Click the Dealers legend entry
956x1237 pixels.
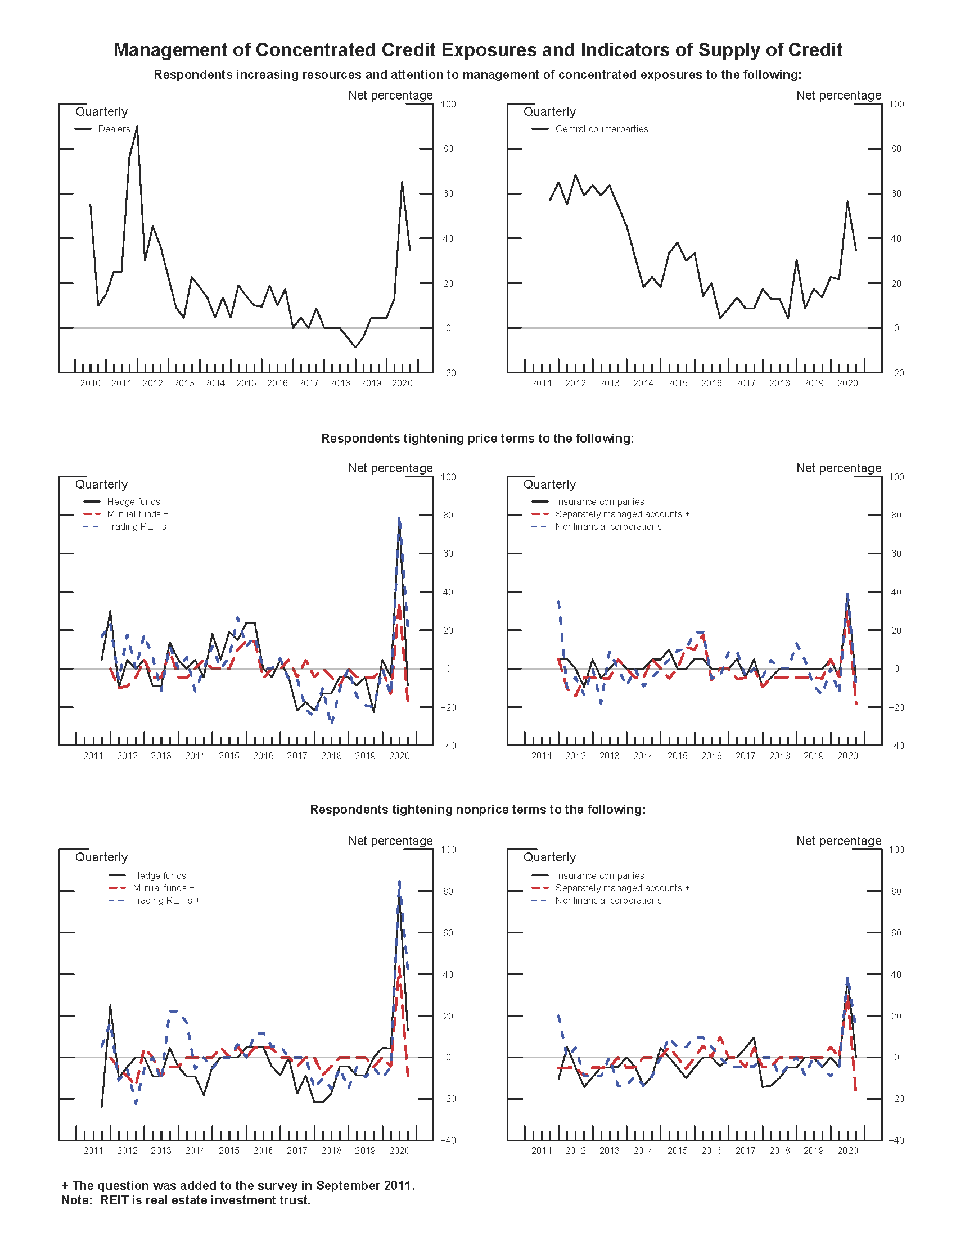tap(113, 129)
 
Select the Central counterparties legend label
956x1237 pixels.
tap(602, 129)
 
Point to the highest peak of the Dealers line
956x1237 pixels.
tap(137, 127)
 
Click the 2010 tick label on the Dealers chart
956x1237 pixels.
tap(90, 383)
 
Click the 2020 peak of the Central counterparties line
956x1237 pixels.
tap(847, 202)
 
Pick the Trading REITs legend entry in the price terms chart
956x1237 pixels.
tap(139, 527)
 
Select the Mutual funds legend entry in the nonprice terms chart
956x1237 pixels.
tap(163, 888)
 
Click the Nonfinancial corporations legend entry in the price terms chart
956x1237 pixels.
tap(608, 527)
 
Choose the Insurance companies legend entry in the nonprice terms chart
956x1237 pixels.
tap(599, 875)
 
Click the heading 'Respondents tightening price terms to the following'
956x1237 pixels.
tap(477, 439)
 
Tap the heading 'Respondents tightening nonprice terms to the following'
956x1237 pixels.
tap(477, 809)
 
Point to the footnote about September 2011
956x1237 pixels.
tap(238, 1185)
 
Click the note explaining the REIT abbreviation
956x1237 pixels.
tap(186, 1200)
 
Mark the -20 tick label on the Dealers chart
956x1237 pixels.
tap(448, 373)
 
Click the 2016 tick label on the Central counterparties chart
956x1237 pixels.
tap(711, 383)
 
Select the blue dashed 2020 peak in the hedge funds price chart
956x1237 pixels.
tap(399, 518)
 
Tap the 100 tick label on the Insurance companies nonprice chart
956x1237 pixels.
tap(896, 850)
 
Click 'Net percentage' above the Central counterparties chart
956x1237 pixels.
tap(838, 95)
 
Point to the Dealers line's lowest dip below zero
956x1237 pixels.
tap(355, 346)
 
